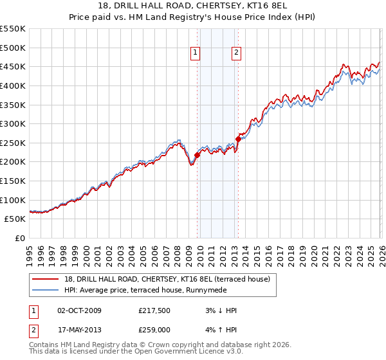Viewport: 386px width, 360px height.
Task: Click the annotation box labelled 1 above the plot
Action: (x=195, y=53)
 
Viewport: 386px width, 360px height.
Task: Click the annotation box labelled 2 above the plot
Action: (x=236, y=53)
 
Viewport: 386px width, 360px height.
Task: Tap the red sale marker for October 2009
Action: (x=197, y=155)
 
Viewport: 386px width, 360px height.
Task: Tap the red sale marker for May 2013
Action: (x=238, y=139)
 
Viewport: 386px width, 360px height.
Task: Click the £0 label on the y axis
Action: (x=21, y=239)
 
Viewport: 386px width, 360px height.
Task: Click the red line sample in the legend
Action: (x=46, y=279)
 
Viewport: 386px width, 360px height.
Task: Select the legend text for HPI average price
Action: (x=152, y=290)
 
